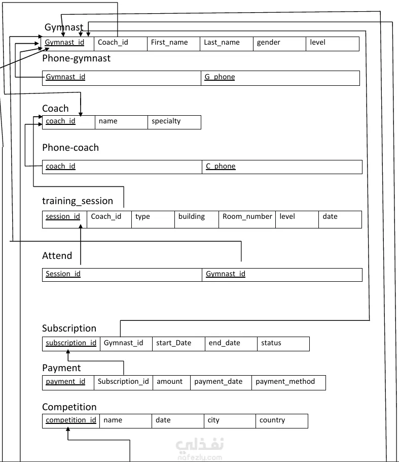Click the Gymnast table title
tap(64, 27)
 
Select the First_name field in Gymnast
tap(169, 43)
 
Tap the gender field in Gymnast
tap(269, 43)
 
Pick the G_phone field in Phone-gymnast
tap(220, 77)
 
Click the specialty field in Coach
tap(166, 121)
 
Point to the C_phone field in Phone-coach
tap(221, 167)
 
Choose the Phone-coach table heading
tap(70, 148)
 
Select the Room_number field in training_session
tap(247, 217)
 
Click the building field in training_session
tap(192, 217)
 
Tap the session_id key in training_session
tap(63, 217)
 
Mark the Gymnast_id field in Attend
tap(226, 274)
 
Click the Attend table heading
tap(57, 256)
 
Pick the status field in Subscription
tap(271, 343)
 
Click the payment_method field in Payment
tap(285, 382)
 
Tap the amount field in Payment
tap(170, 382)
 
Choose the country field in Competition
tap(272, 420)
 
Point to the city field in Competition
tap(213, 420)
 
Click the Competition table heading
tap(69, 407)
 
